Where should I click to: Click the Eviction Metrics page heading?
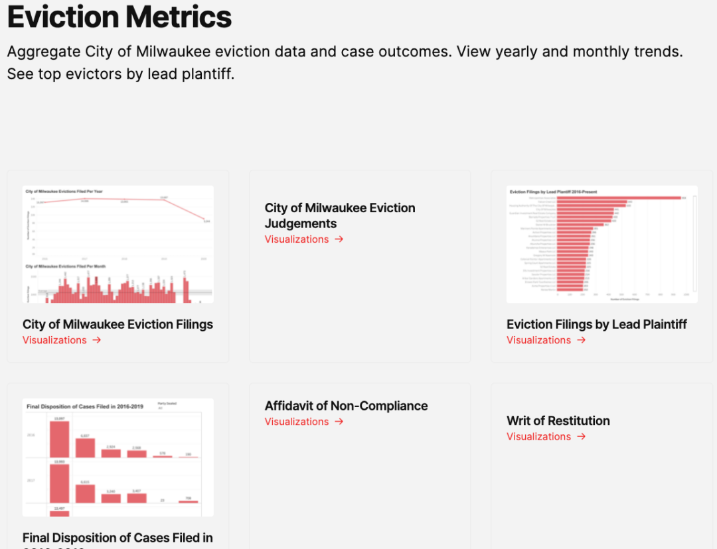(x=119, y=17)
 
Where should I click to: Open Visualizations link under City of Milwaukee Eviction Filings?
(x=54, y=340)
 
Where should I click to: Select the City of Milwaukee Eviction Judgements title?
(x=340, y=215)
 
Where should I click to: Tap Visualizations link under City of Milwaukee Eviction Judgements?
(x=297, y=239)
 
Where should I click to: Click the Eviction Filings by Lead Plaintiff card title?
(x=596, y=324)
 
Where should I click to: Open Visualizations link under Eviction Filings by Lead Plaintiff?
(x=538, y=340)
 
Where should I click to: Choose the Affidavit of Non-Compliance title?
(x=346, y=406)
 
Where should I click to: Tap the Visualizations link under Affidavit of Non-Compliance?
(x=297, y=422)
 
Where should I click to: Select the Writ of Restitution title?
(x=558, y=420)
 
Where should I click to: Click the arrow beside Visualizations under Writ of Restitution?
(x=582, y=436)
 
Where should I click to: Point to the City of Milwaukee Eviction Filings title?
(x=118, y=324)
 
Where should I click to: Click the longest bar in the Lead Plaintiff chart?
(x=618, y=198)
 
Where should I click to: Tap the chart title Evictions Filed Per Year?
(x=59, y=192)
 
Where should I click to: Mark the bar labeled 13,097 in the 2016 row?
(x=59, y=438)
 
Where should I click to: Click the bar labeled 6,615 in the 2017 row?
(x=85, y=493)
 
